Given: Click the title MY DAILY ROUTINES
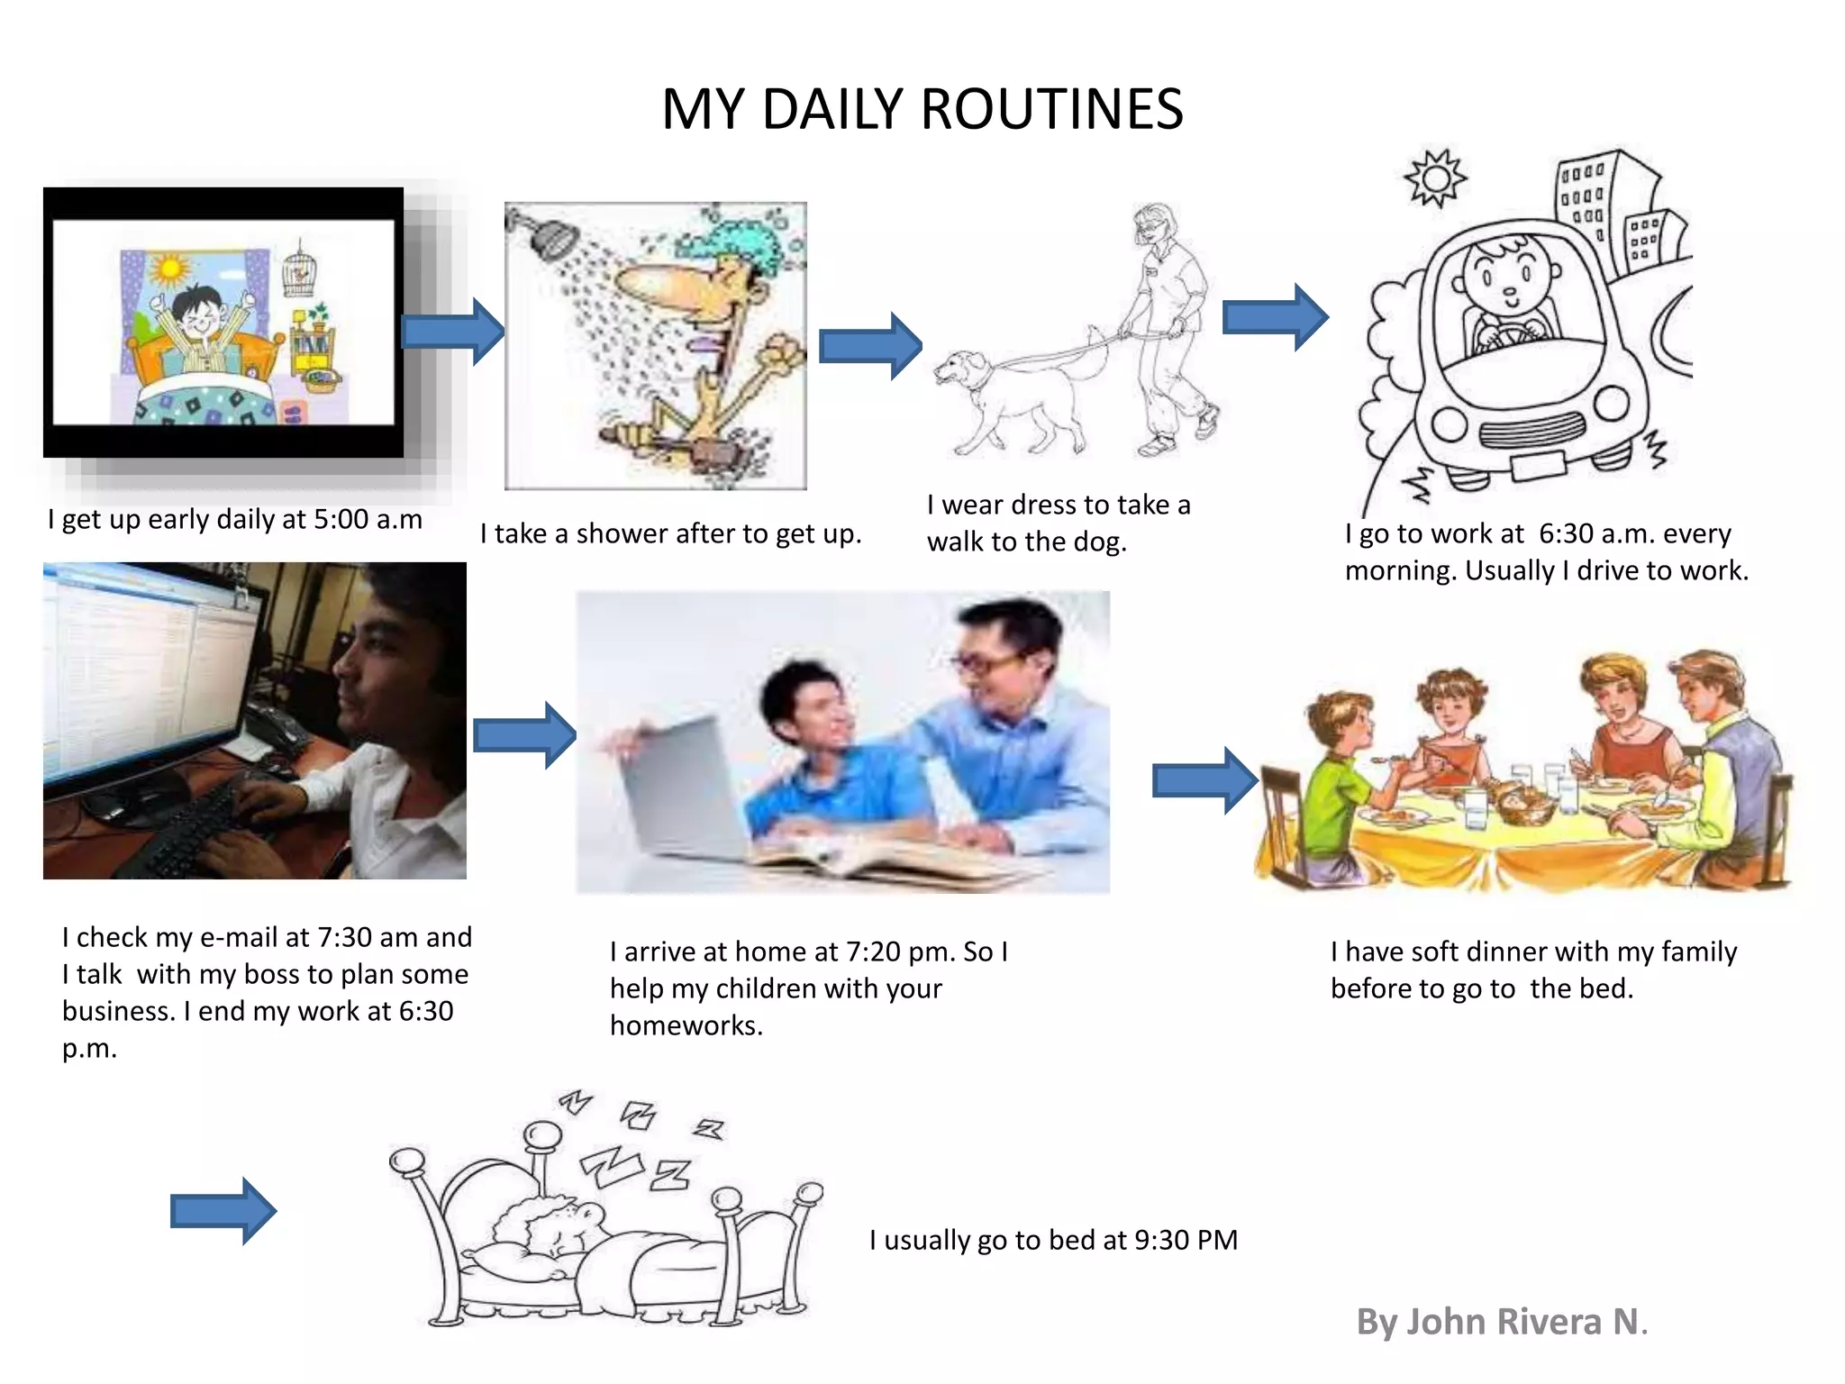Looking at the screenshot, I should pyautogui.click(x=922, y=109).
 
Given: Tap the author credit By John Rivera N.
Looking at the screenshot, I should pyautogui.click(x=1501, y=1322).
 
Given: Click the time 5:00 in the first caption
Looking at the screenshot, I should pyautogui.click(x=341, y=519).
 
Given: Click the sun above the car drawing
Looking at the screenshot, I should pyautogui.click(x=1435, y=178).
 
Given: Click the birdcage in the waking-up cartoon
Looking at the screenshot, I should pyautogui.click(x=299, y=270).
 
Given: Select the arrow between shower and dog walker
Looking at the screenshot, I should pyautogui.click(x=869, y=346).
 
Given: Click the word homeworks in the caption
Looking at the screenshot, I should pyautogui.click(x=686, y=1025).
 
